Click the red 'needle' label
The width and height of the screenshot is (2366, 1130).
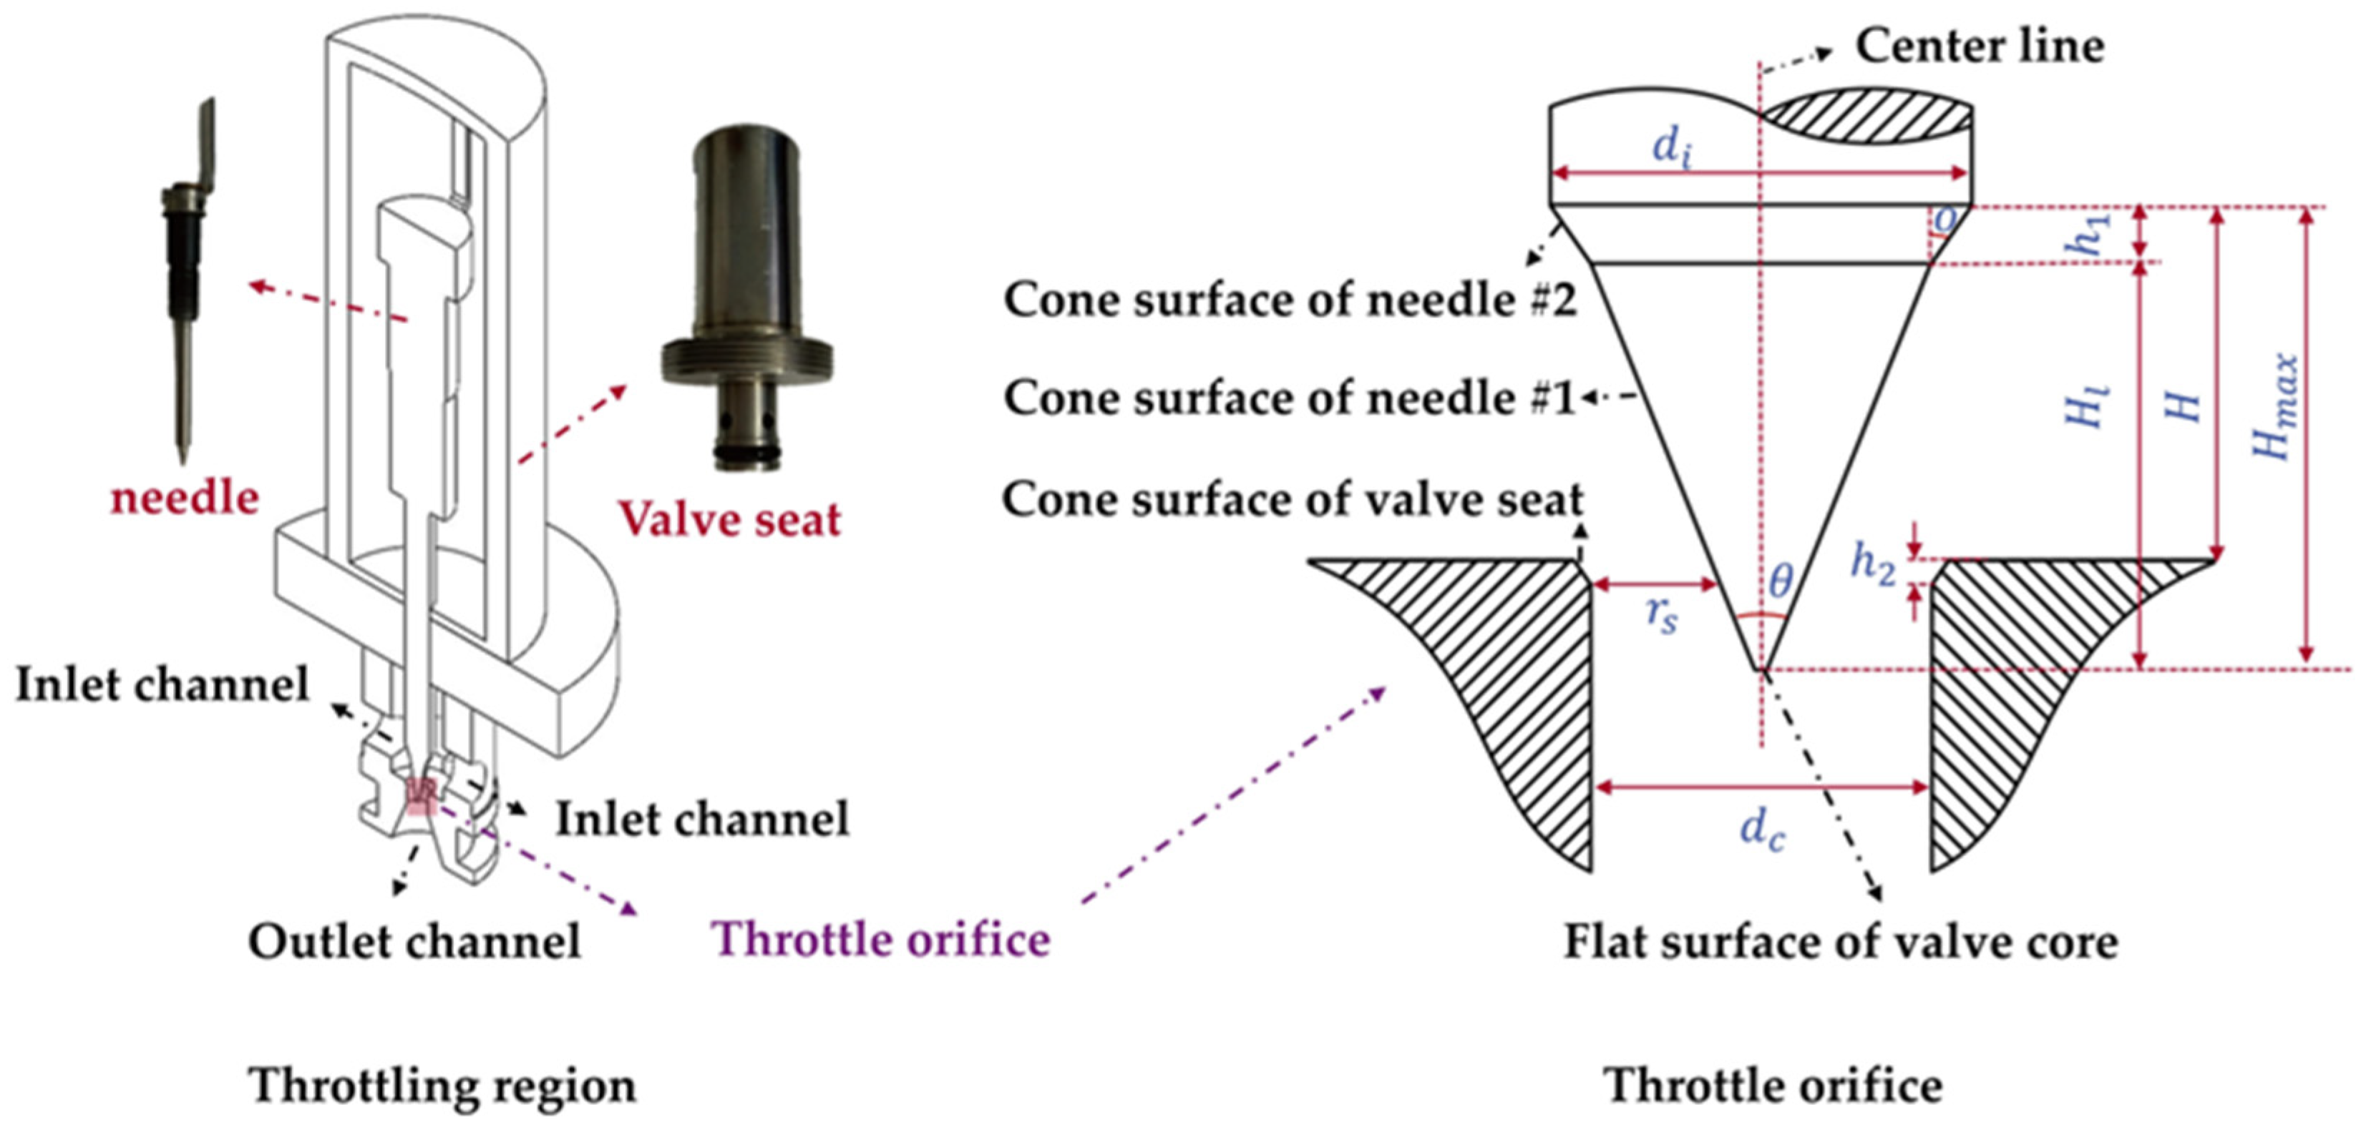(x=185, y=498)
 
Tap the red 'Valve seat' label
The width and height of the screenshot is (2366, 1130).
(x=729, y=519)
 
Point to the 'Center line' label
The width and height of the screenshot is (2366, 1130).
(x=1980, y=46)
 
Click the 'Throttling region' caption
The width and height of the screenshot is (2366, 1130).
(x=442, y=1086)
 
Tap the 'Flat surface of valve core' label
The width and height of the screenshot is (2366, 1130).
(x=1841, y=942)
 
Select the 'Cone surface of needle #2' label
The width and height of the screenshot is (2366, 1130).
(x=1290, y=300)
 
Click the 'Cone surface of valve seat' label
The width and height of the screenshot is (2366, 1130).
(x=1292, y=501)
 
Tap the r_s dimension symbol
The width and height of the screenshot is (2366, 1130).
(x=1660, y=615)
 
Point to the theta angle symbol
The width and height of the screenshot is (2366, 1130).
(x=1780, y=580)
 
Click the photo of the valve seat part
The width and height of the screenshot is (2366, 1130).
(x=746, y=294)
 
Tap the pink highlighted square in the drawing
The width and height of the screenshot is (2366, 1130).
(x=420, y=797)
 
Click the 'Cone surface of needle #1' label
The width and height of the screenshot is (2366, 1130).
(x=1290, y=398)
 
